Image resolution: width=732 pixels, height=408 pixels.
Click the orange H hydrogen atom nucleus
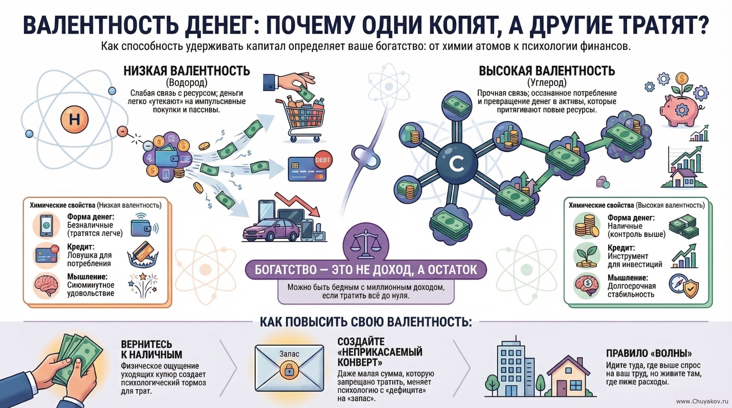click(74, 119)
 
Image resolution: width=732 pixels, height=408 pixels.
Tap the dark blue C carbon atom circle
click(456, 163)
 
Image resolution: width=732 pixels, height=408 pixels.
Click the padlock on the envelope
click(289, 370)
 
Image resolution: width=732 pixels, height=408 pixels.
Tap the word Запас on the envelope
click(289, 354)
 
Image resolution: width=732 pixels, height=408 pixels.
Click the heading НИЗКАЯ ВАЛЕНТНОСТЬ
click(187, 71)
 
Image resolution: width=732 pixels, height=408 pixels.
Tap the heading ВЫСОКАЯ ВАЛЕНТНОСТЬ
click(547, 71)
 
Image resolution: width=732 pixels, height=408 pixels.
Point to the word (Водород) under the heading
click(187, 83)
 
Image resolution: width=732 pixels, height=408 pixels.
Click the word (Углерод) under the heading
click(547, 83)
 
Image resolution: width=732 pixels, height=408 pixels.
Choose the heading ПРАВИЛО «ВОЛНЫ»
click(649, 353)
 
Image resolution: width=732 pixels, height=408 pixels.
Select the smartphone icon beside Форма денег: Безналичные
click(46, 225)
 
